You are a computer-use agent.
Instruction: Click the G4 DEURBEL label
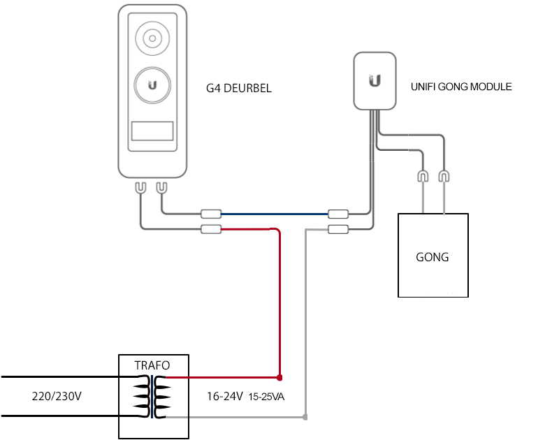(x=239, y=88)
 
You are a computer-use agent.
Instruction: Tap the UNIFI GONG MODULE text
(x=461, y=87)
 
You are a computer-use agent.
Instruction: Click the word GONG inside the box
(x=432, y=257)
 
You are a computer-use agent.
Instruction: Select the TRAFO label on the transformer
(x=152, y=365)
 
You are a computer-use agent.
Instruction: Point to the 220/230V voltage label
(x=57, y=396)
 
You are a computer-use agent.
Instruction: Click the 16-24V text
(x=225, y=396)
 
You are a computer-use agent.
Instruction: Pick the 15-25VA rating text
(x=266, y=397)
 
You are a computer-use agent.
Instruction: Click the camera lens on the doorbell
(x=152, y=38)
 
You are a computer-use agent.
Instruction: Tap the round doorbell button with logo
(x=152, y=85)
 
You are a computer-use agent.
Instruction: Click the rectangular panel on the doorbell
(x=152, y=131)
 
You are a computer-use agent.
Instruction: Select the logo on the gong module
(x=375, y=80)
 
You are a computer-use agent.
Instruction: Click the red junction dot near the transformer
(x=279, y=377)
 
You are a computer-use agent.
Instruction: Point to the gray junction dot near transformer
(x=305, y=417)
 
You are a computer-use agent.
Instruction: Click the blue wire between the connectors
(x=275, y=214)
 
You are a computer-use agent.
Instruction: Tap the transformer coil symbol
(x=152, y=397)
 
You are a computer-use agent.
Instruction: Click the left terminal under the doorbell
(x=141, y=188)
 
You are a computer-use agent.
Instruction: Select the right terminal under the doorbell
(x=162, y=188)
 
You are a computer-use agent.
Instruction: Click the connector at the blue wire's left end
(x=211, y=214)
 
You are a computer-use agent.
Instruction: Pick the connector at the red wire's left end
(x=211, y=229)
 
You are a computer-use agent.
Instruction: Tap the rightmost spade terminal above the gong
(x=444, y=177)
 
